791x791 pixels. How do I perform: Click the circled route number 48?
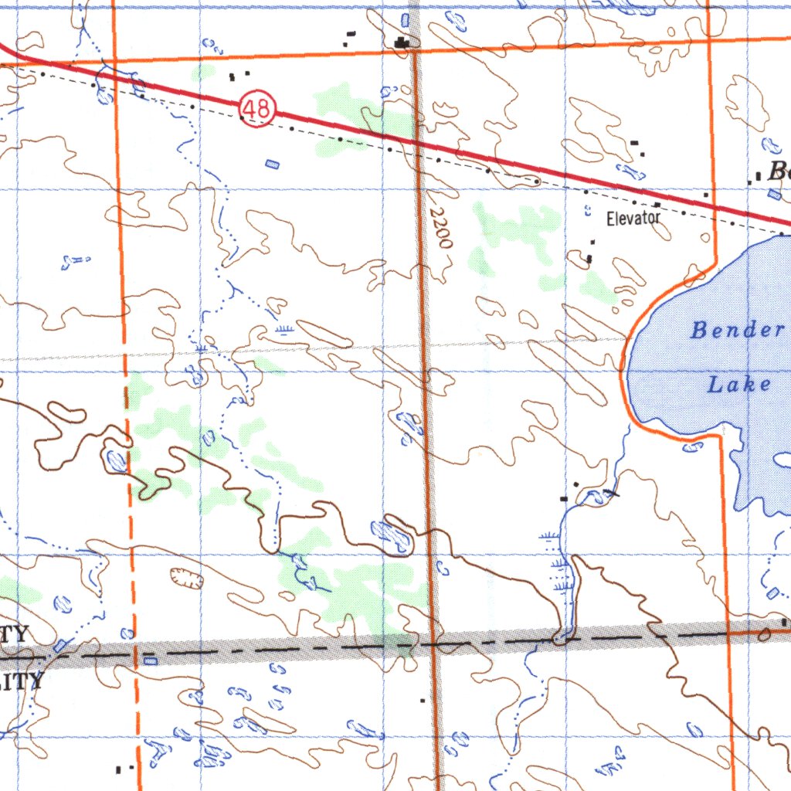pos(256,109)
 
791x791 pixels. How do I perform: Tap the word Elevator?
pos(633,219)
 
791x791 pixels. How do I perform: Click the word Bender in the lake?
pos(737,331)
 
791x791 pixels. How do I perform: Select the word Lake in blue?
pos(739,384)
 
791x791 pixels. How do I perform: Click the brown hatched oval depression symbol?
pos(186,577)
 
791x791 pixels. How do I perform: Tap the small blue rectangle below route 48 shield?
pos(272,164)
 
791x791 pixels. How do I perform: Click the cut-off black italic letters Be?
pos(779,171)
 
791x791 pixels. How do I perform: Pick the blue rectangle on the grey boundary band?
pos(151,660)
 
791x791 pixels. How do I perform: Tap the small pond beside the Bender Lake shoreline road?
pos(692,446)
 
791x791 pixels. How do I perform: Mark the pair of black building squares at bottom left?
pos(124,769)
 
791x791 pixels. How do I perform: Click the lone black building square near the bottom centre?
pos(423,701)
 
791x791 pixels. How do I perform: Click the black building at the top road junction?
pos(402,43)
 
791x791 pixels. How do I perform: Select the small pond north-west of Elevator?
pos(586,209)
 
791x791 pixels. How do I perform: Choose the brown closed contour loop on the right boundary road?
pos(764,635)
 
